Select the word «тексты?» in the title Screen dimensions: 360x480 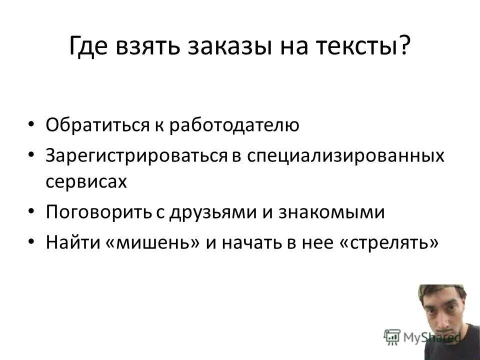pos(370,47)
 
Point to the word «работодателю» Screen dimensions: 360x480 pos(234,125)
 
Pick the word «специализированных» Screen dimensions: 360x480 pos(344,155)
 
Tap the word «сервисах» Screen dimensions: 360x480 pos(86,181)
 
